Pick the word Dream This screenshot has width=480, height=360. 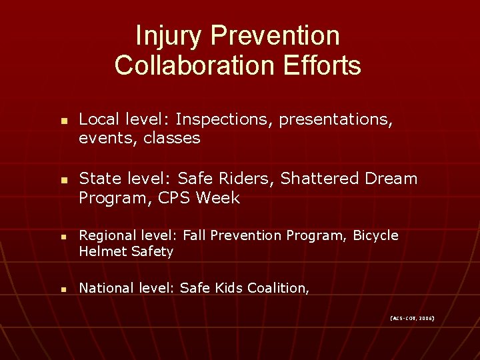click(392, 179)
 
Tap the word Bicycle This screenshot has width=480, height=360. click(375, 235)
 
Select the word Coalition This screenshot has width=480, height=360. click(278, 288)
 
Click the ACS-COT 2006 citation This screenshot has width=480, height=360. click(411, 319)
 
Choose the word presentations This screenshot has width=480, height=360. click(336, 120)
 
